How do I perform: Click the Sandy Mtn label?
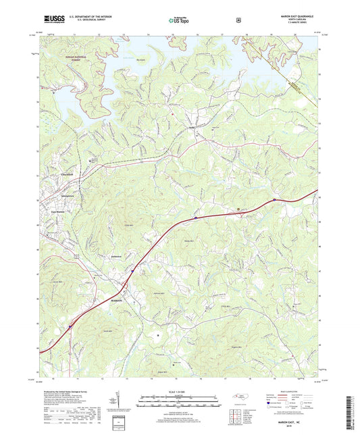click(185, 238)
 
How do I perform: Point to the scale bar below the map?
click(178, 403)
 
